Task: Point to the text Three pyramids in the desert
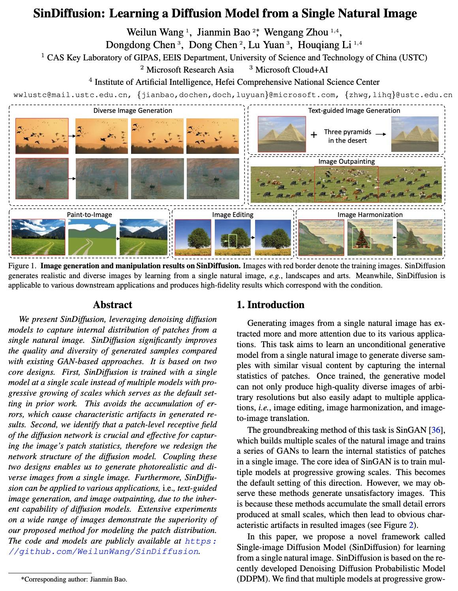pyautogui.click(x=347, y=136)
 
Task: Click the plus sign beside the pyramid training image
pyautogui.click(x=313, y=135)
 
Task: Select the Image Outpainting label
pyautogui.click(x=346, y=161)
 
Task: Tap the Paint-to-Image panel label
pyautogui.click(x=89, y=215)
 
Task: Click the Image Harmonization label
pyautogui.click(x=370, y=215)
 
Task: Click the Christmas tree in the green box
pyautogui.click(x=360, y=238)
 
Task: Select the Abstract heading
pyautogui.click(x=113, y=305)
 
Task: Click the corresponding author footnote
pyautogui.click(x=74, y=580)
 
